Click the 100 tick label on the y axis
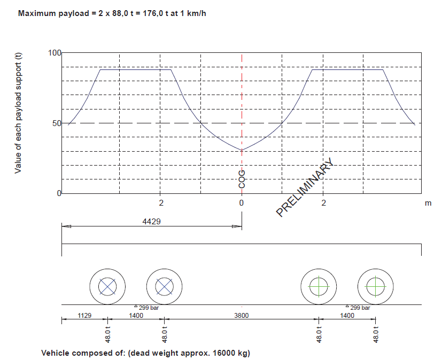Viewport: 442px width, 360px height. pos(55,53)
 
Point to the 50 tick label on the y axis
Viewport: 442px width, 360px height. pos(57,123)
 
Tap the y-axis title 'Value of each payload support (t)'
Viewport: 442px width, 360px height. pos(18,113)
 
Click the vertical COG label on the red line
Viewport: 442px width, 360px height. pos(242,179)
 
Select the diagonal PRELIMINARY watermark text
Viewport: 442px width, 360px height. pos(305,187)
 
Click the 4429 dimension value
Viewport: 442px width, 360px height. pos(151,222)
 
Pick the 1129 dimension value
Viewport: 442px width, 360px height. pos(84,316)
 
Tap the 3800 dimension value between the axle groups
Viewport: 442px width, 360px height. pos(242,316)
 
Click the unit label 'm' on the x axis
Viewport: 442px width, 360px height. pos(428,203)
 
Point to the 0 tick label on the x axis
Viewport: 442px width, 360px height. pos(241,203)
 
